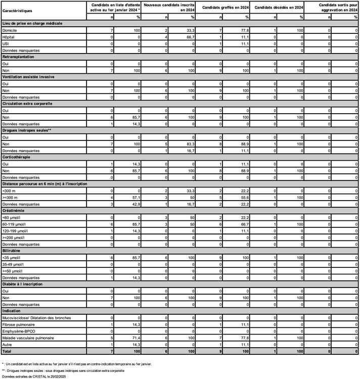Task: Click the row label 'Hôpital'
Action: coord(9,37)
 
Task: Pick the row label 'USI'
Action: coord(6,44)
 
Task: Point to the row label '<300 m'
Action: coord(10,191)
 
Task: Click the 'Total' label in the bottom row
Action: coord(8,351)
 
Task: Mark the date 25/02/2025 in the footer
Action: coord(57,377)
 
